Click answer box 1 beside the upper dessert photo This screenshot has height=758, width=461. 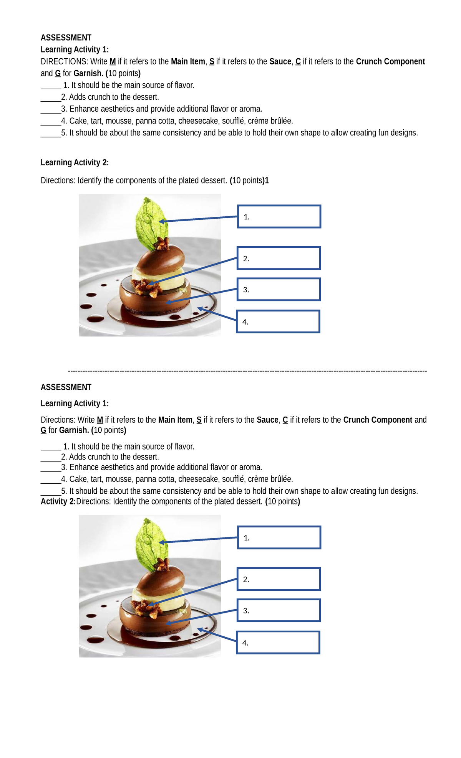point(279,217)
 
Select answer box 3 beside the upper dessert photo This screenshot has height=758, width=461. point(279,290)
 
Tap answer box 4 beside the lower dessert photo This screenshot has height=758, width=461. point(278,643)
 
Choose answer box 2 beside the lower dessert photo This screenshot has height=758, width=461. point(279,579)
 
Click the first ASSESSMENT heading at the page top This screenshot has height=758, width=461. point(66,38)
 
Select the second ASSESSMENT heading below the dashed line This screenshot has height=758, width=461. point(66,387)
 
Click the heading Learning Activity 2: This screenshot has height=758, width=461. point(75,163)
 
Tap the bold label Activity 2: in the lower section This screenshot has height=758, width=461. point(58,501)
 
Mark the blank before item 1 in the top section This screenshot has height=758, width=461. point(51,86)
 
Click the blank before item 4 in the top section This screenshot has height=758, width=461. point(51,122)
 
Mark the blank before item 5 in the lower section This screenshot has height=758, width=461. point(51,492)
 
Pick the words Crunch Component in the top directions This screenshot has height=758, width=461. point(390,62)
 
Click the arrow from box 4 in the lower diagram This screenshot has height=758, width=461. point(217,635)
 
